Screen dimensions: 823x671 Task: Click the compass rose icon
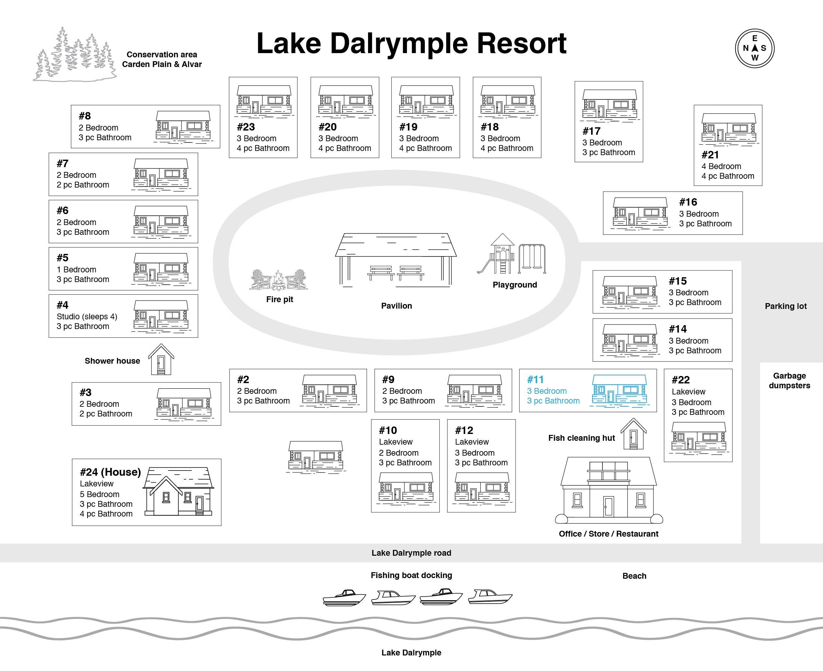[755, 48]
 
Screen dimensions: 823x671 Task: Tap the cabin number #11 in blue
[535, 380]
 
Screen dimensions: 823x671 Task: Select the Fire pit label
[280, 299]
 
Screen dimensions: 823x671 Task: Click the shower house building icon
[161, 359]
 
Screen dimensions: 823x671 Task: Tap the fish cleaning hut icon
[633, 434]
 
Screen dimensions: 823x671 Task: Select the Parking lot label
[785, 306]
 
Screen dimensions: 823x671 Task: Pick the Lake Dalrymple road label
[411, 553]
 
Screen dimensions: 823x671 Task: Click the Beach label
[634, 575]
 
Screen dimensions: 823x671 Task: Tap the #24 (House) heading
[110, 472]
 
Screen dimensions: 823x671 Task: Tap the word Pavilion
[397, 306]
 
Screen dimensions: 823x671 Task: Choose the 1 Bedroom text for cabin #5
[76, 269]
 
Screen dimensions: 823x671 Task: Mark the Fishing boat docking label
[411, 575]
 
